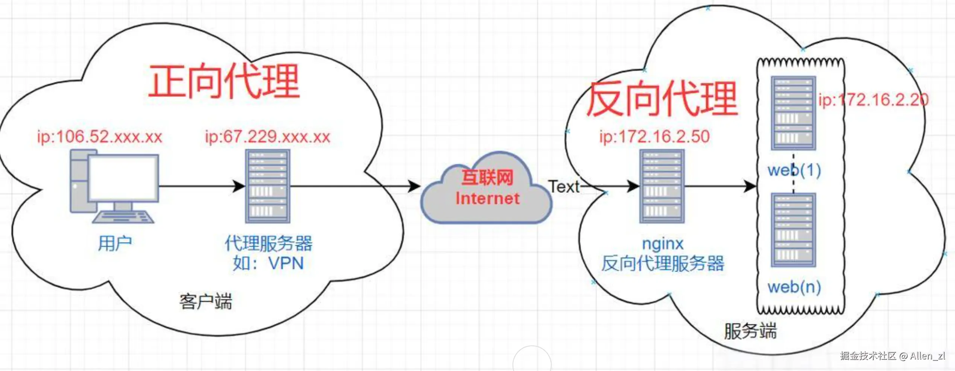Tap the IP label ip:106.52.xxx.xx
99,137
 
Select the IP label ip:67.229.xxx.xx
268,137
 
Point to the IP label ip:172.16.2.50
654,137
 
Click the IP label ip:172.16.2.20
873,100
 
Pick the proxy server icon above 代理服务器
268,187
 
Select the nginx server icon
662,187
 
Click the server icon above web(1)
793,113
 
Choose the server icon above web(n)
793,230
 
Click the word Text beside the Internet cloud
564,187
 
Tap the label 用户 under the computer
115,243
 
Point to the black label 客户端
205,302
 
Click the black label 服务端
750,331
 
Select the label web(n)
794,287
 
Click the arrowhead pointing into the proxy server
239,186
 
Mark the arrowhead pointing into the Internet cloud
415,186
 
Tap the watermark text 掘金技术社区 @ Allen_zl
892,356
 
